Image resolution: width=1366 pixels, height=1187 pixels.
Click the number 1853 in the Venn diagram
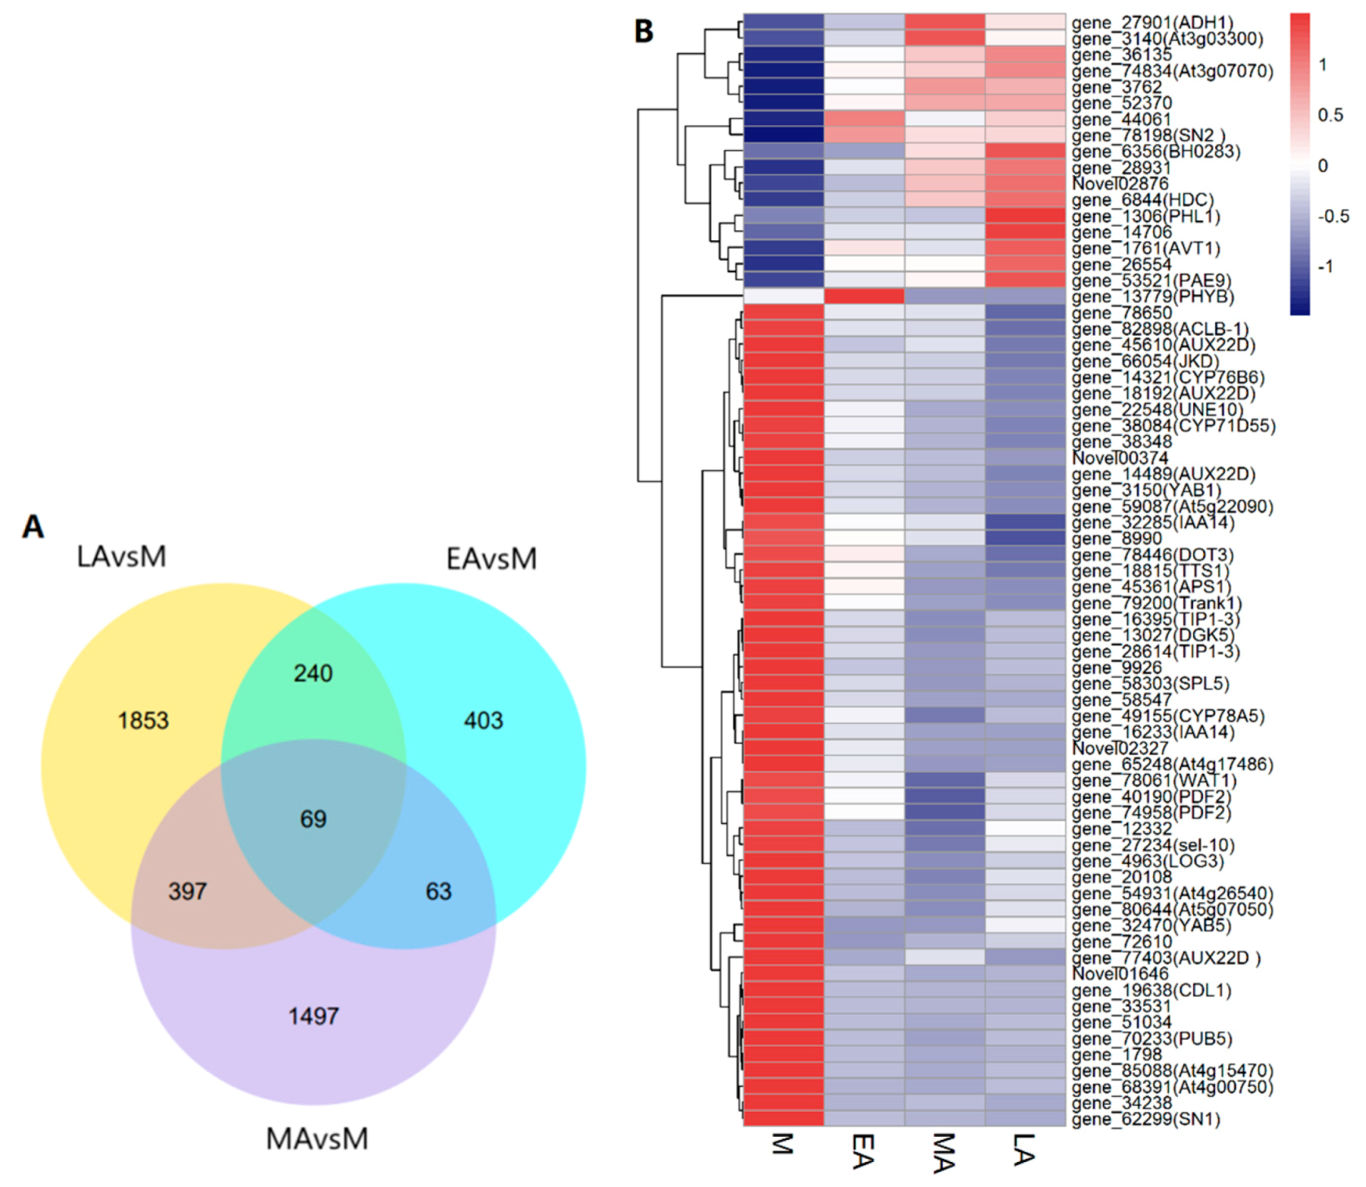143,721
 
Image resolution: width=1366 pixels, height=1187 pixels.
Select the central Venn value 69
313,818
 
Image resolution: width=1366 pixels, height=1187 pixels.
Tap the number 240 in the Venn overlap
313,673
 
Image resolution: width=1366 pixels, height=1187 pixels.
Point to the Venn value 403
483,721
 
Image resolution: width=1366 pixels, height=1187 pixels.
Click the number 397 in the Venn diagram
188,891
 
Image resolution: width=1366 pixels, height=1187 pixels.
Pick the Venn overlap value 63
438,891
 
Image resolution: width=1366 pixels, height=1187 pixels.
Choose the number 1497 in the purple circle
313,1016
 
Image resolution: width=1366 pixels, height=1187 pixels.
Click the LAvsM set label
121,556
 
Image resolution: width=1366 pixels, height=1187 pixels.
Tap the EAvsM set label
491,559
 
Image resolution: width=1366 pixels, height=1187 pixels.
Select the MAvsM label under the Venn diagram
317,1138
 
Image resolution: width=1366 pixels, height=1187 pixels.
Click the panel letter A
33,527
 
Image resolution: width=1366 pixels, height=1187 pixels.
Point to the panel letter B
643,31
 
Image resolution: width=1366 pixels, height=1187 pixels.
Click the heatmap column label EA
863,1151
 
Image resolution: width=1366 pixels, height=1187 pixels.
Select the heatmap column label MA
944,1153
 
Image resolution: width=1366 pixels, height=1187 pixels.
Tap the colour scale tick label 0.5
1330,115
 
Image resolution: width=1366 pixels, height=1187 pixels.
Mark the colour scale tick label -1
1325,267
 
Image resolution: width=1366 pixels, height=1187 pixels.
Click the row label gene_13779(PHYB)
1152,297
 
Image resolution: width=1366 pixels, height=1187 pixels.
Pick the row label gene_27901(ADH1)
1152,23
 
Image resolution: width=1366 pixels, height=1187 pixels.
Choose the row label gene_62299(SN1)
1145,1119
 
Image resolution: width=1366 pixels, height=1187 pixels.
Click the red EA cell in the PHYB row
864,297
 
